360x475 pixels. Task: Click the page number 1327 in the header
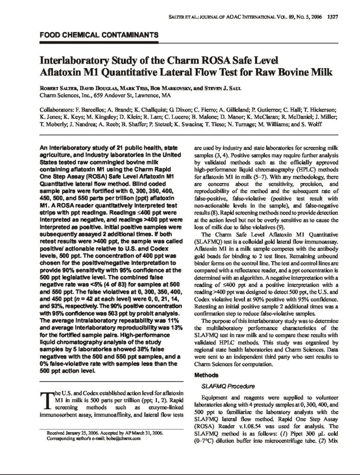(333, 18)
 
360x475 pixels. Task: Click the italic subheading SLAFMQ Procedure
(221, 385)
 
